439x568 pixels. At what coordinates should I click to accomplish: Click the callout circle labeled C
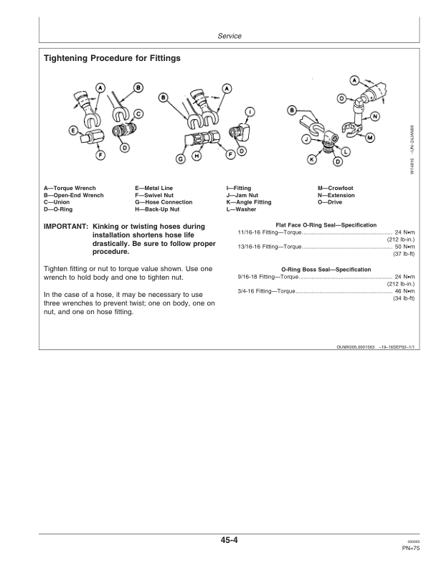138,114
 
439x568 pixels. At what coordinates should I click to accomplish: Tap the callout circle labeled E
74,131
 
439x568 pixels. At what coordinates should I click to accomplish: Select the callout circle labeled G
180,158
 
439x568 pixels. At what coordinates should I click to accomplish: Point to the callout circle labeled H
197,156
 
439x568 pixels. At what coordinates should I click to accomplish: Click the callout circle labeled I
250,112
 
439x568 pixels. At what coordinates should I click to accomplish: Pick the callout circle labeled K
311,158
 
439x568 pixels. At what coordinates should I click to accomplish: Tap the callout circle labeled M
370,138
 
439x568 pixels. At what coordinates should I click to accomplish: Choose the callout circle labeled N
375,116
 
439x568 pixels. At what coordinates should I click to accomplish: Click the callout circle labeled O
341,98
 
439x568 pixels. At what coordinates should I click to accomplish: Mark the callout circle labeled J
306,138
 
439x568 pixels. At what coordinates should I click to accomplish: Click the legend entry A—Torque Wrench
70,188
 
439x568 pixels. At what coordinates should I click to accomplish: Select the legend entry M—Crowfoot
336,188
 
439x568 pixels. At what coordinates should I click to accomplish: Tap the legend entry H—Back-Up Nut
157,209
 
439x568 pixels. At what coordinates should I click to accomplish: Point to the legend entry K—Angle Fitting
249,202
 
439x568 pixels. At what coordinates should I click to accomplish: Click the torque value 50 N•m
405,247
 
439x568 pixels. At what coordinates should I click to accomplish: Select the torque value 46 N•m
405,291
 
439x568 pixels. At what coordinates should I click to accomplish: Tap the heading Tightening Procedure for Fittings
113,58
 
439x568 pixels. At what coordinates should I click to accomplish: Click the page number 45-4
229,541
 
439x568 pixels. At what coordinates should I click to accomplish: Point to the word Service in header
230,36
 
